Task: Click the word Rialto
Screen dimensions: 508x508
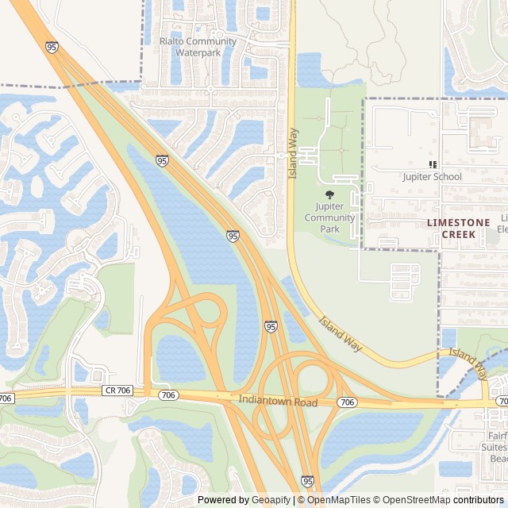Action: click(x=172, y=41)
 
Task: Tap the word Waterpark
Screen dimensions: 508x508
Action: click(x=198, y=52)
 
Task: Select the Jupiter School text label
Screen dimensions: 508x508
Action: click(x=432, y=176)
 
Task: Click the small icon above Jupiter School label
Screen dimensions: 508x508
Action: click(x=433, y=164)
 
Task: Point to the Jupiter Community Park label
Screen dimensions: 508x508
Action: click(x=329, y=217)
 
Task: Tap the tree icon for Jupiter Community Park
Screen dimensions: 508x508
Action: click(x=329, y=194)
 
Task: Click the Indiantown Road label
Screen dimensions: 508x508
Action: click(x=278, y=402)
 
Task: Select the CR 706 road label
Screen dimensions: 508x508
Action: click(x=117, y=391)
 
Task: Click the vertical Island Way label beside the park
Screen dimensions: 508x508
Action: click(x=292, y=152)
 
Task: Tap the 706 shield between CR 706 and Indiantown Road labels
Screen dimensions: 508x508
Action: click(x=167, y=394)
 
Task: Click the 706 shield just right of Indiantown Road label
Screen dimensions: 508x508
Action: click(x=346, y=403)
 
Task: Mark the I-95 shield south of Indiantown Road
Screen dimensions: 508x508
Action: click(x=307, y=481)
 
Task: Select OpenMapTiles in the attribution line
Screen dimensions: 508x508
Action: click(x=338, y=500)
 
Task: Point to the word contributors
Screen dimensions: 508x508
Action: click(x=479, y=500)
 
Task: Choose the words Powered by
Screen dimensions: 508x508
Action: click(x=220, y=500)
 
